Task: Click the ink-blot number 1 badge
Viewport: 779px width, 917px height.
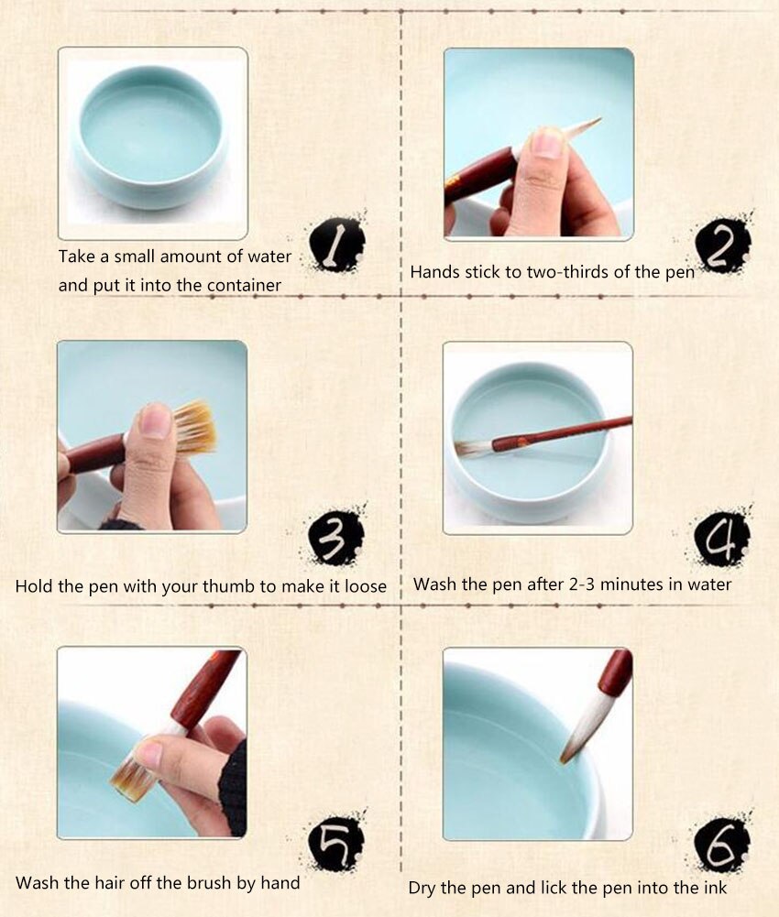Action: tap(336, 244)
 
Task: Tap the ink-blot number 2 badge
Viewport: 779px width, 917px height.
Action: tap(723, 246)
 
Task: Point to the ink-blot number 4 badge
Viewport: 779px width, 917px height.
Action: tap(721, 538)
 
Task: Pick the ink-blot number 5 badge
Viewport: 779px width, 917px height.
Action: tap(336, 843)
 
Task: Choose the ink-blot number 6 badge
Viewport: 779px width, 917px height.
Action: tap(721, 844)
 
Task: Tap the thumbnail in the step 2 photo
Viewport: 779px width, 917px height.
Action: tap(548, 143)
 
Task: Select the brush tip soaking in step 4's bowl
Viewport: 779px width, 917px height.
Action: tap(473, 448)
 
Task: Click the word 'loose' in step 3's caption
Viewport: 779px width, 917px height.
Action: tap(366, 586)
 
